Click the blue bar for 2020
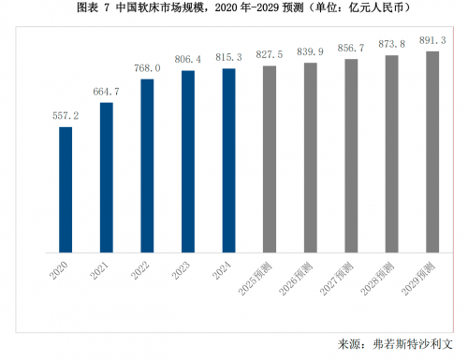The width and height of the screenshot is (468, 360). [66, 190]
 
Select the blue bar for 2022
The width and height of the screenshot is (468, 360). [147, 166]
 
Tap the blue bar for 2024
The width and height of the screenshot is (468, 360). [228, 160]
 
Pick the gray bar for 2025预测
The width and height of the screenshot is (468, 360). [270, 159]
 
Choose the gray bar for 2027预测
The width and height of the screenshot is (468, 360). [351, 156]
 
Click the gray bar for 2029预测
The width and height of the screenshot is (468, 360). [432, 151]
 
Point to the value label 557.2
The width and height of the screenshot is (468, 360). [66, 117]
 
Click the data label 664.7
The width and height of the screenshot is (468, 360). [106, 92]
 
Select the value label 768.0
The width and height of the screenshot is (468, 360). [147, 68]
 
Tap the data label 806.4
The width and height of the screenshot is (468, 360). [187, 60]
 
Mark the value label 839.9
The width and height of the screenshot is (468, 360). [310, 52]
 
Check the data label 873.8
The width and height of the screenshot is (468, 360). [391, 44]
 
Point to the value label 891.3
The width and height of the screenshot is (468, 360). [432, 40]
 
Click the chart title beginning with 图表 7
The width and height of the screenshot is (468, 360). [234, 8]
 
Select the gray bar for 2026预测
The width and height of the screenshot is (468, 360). [310, 157]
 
